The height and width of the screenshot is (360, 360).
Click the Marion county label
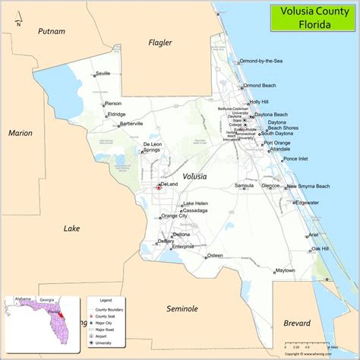click(20, 133)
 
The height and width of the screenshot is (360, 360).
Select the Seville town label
click(103, 74)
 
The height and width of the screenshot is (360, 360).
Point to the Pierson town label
click(113, 103)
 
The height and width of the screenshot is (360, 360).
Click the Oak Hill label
click(319, 248)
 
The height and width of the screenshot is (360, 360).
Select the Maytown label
click(285, 270)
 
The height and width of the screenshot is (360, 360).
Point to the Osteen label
click(215, 255)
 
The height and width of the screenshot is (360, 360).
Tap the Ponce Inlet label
click(295, 159)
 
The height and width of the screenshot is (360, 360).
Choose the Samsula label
click(244, 185)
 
